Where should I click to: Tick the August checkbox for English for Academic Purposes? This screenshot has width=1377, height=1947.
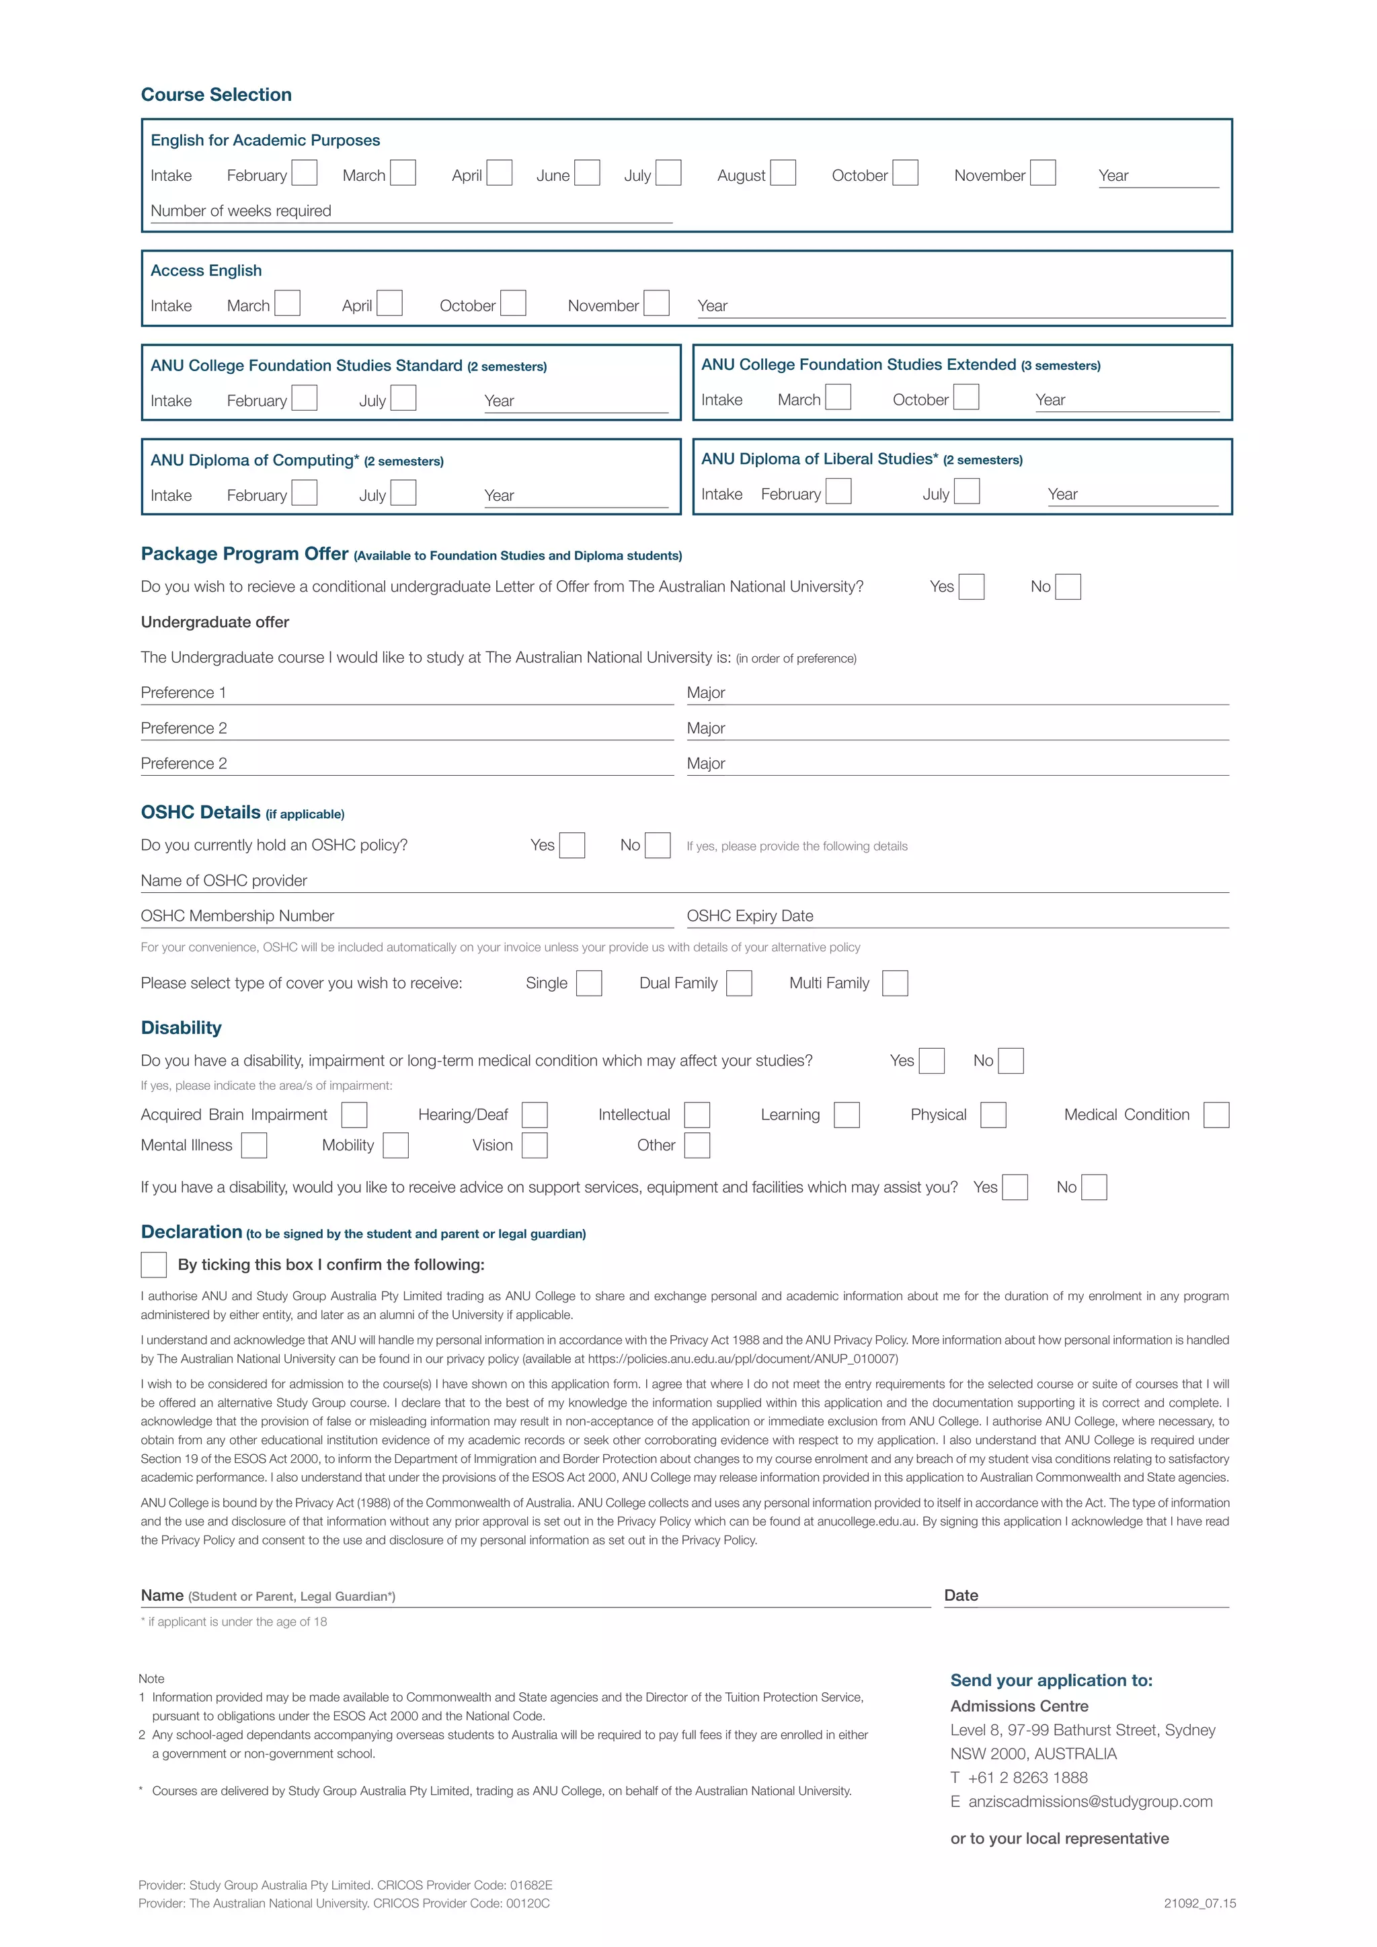783,173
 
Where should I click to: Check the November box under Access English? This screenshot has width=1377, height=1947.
656,304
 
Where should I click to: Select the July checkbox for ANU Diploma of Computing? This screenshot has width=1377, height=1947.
403,493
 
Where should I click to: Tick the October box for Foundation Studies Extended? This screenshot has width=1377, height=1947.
966,397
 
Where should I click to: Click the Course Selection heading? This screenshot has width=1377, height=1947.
217,95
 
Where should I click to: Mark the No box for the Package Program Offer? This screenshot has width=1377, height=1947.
1068,587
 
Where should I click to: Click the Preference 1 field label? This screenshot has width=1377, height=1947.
183,693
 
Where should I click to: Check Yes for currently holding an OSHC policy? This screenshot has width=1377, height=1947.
572,846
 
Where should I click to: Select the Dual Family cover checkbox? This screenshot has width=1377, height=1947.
738,984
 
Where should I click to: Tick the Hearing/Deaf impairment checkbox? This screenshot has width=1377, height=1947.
534,1115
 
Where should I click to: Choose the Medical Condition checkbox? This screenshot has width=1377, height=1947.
1216,1115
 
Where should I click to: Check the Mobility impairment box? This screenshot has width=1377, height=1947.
395,1146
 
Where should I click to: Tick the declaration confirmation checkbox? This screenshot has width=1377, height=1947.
153,1265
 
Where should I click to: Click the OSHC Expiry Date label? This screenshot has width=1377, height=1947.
750,916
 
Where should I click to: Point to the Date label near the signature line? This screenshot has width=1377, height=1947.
961,1595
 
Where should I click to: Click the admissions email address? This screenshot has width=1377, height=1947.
1089,1801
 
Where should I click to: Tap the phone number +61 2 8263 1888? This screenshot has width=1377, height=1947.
1027,1778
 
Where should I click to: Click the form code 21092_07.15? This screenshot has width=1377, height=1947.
1199,1904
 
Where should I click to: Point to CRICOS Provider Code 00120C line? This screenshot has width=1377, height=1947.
344,1904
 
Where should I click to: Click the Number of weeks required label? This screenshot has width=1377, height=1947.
241,211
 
